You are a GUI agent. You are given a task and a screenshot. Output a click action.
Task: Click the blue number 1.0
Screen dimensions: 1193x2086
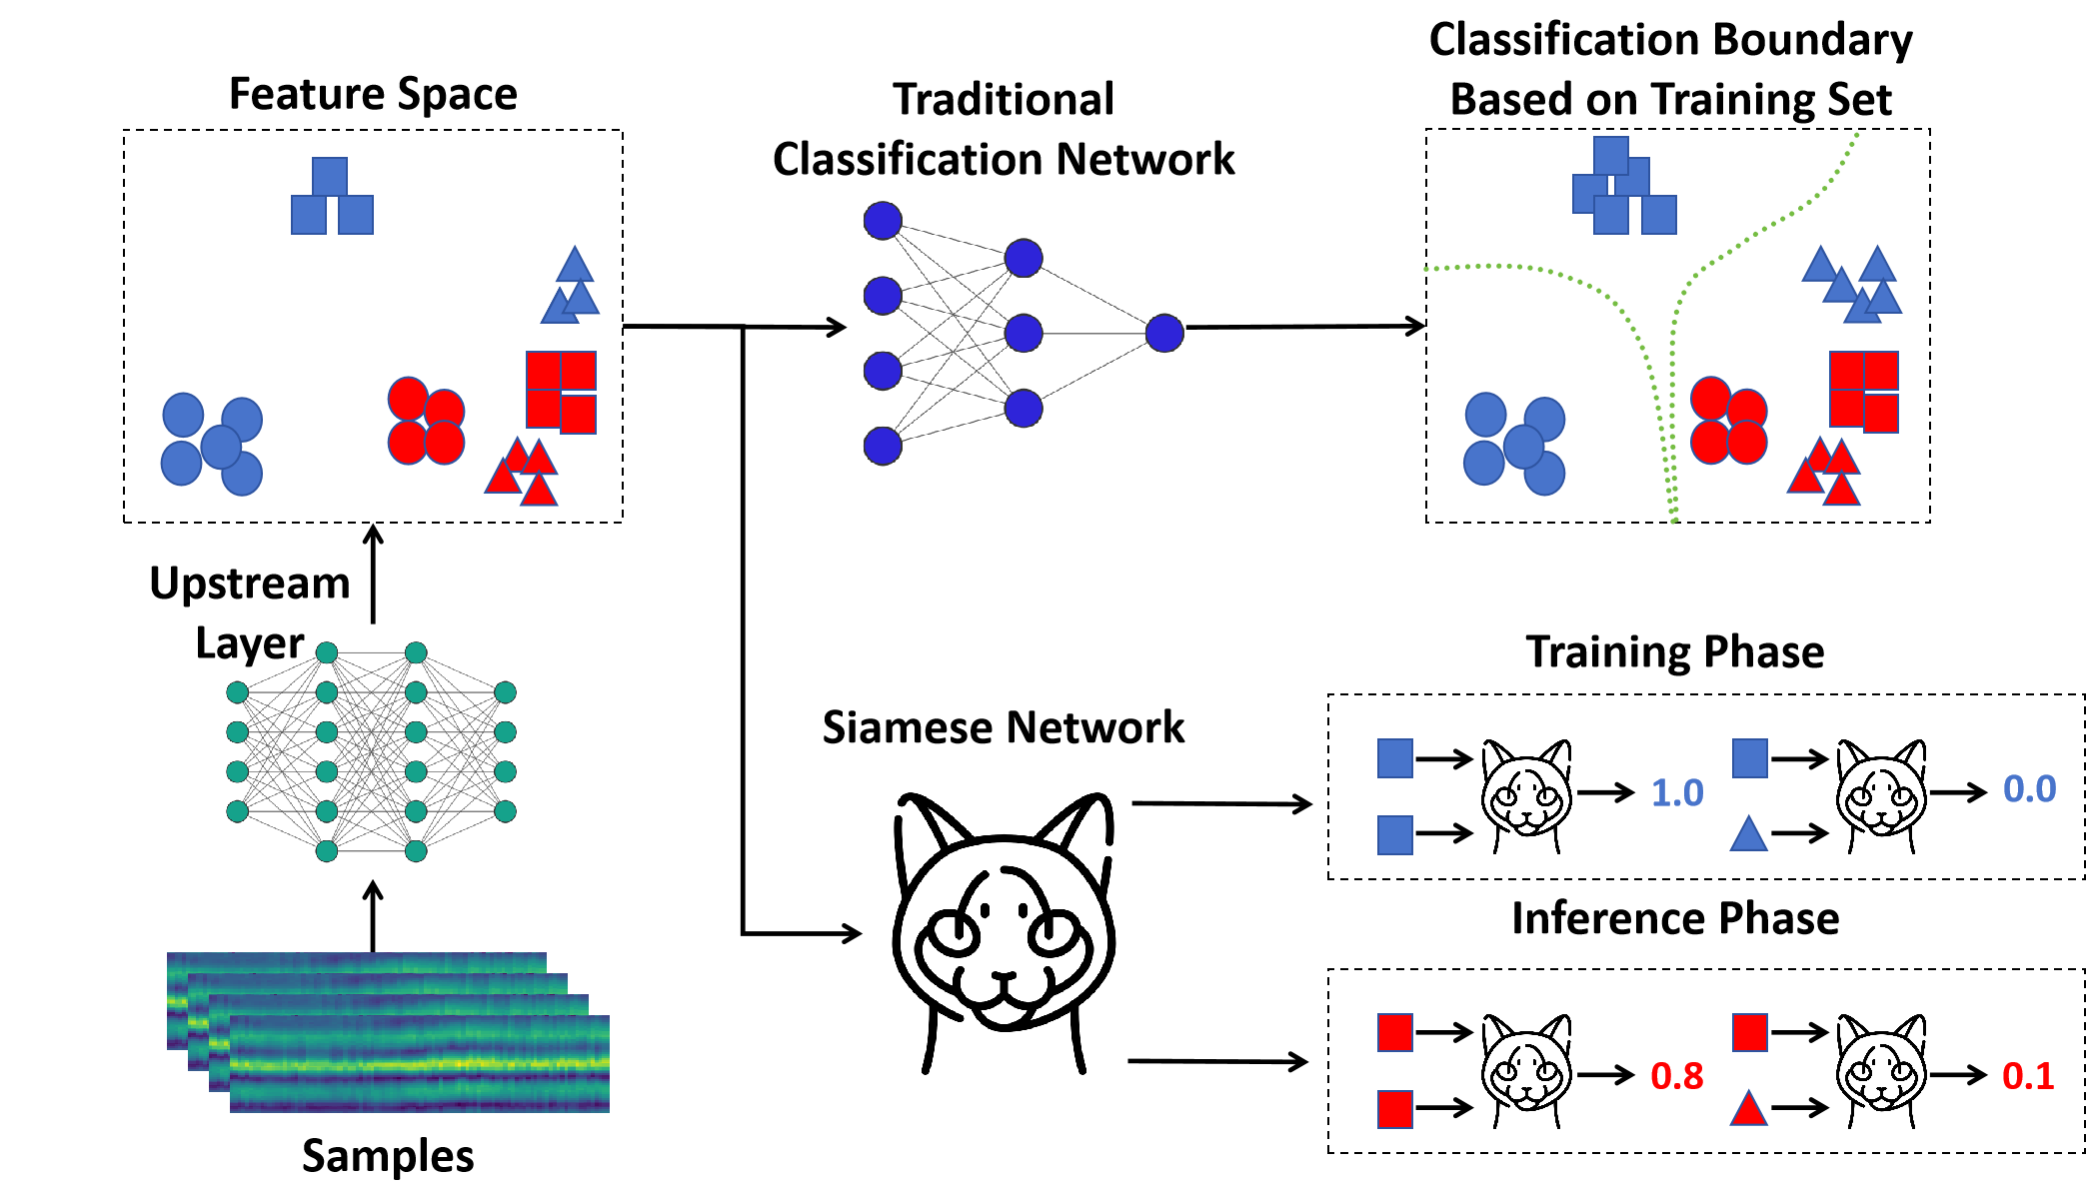coord(1676,793)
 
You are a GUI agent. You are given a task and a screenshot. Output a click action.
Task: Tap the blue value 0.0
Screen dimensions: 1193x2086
coord(2029,789)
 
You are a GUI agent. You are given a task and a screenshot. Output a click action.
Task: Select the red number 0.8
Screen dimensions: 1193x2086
coord(1676,1076)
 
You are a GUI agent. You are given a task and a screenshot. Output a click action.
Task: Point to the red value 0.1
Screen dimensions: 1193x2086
coord(2028,1076)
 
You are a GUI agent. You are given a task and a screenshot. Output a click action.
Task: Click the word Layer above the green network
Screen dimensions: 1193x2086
coord(254,645)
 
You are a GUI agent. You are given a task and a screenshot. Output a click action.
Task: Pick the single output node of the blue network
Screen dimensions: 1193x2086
coord(1164,333)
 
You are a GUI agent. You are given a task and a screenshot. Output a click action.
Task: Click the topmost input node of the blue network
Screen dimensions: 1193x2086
coord(883,221)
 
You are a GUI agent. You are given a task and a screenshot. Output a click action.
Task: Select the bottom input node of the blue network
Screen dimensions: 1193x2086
coord(883,446)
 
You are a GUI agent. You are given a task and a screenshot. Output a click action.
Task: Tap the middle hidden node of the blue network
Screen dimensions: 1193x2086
coord(1024,333)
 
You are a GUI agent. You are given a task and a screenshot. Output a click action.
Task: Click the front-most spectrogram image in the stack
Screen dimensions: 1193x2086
coord(420,1064)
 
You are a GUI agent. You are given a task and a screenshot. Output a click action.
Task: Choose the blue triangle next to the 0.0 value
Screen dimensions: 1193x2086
coord(1748,834)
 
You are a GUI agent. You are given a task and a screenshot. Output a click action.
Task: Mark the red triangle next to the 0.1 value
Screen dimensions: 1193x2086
coord(1748,1109)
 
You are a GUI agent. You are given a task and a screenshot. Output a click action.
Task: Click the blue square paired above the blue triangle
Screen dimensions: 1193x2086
coord(1749,758)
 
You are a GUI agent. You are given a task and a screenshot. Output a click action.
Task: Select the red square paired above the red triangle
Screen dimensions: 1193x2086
coord(1749,1032)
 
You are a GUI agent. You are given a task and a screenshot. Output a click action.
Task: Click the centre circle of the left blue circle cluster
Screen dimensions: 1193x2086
coord(221,447)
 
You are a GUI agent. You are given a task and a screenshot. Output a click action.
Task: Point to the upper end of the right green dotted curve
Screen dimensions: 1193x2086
coord(1856,134)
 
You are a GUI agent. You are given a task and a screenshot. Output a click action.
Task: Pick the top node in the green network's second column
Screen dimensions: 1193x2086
coord(327,652)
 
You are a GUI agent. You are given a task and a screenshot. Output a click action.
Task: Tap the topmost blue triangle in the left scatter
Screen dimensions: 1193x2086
coord(575,265)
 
